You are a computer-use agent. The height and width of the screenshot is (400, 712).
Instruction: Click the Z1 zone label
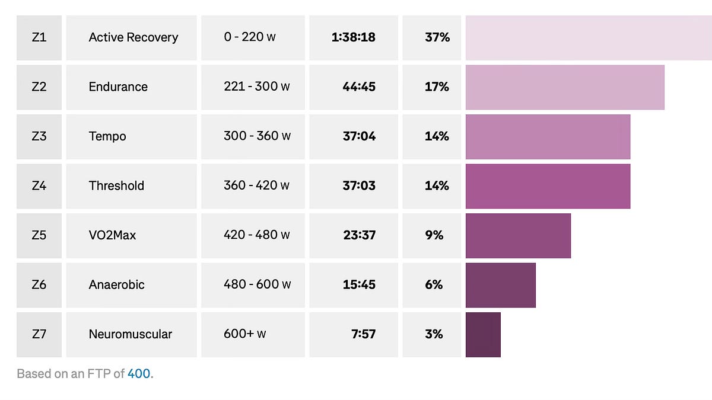click(x=39, y=37)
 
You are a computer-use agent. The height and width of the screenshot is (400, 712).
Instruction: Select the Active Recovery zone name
click(x=133, y=37)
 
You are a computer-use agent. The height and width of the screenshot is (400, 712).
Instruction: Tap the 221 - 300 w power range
click(x=257, y=87)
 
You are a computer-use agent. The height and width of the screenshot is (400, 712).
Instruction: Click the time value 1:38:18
click(x=354, y=37)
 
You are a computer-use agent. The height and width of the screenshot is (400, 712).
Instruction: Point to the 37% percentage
click(x=437, y=37)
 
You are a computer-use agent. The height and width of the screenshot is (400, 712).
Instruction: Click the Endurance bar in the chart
click(x=565, y=87)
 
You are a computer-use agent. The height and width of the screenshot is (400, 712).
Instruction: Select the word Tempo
click(x=107, y=136)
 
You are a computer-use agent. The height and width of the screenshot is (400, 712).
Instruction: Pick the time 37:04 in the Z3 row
click(x=359, y=136)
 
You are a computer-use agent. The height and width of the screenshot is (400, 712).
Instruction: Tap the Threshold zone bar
click(x=548, y=186)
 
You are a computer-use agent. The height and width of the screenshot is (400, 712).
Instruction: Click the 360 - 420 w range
click(x=256, y=185)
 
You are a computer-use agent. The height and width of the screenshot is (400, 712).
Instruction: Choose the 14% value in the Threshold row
click(x=437, y=185)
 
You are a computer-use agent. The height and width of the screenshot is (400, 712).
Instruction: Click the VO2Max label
click(x=112, y=235)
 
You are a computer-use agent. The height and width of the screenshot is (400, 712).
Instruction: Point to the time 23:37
click(x=359, y=235)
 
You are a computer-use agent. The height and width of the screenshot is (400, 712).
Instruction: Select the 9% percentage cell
click(x=434, y=235)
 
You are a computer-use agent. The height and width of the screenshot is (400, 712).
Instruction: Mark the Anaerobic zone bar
click(x=501, y=285)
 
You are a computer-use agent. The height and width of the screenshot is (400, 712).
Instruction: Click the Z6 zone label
click(x=39, y=285)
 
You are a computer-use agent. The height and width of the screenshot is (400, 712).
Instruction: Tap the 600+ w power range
click(x=244, y=334)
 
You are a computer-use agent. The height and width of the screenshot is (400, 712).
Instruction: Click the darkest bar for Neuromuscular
click(x=483, y=335)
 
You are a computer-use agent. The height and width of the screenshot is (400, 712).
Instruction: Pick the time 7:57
click(x=363, y=334)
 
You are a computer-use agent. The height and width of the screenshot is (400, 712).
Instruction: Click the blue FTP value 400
click(x=139, y=374)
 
